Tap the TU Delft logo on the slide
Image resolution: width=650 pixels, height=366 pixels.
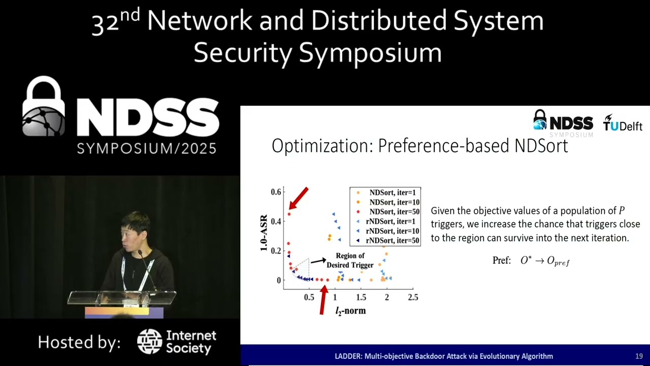click(x=623, y=123)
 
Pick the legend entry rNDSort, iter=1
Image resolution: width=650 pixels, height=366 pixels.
click(x=389, y=221)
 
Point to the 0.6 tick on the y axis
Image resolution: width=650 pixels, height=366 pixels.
click(x=276, y=192)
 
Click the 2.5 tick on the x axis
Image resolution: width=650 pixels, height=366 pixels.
click(x=413, y=297)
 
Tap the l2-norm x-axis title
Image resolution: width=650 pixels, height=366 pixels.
click(x=350, y=310)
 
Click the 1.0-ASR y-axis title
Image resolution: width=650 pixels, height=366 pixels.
click(x=264, y=233)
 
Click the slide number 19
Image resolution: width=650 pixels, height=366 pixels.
click(x=639, y=356)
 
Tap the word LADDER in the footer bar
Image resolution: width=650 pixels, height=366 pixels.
click(x=348, y=356)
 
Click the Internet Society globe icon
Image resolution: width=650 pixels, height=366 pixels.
click(x=149, y=342)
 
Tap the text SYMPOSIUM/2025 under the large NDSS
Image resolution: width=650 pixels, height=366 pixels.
click(x=147, y=148)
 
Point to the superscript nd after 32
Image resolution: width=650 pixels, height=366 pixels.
click(x=130, y=16)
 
